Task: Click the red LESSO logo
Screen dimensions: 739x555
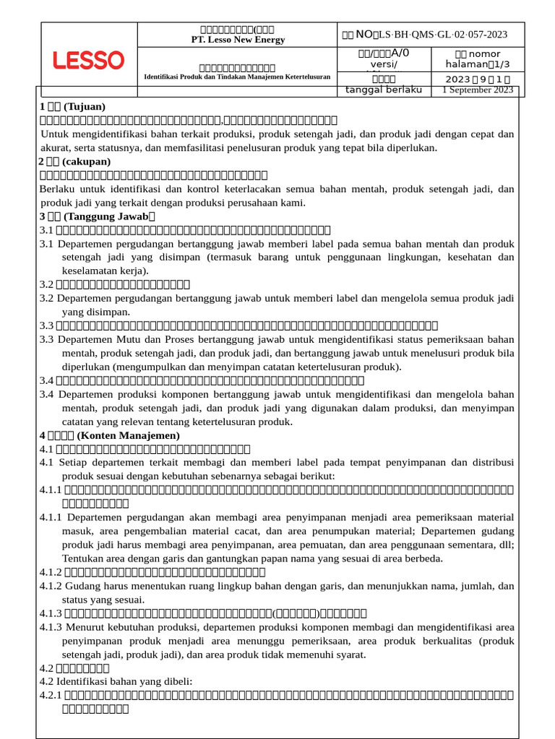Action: pos(88,61)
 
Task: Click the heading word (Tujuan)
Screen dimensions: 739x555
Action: pos(85,107)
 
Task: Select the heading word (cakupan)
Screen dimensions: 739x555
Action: pos(87,161)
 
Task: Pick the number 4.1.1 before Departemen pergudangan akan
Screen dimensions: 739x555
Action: pos(51,517)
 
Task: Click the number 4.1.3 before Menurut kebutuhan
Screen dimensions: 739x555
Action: pos(51,626)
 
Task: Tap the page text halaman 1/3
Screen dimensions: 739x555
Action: pos(472,64)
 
